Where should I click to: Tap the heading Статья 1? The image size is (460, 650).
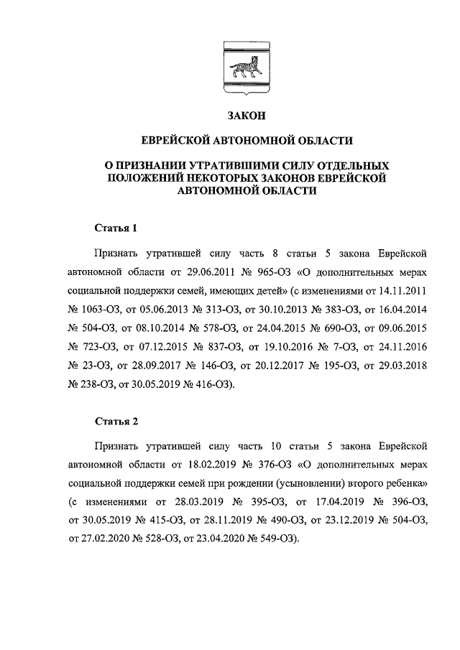(116, 228)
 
